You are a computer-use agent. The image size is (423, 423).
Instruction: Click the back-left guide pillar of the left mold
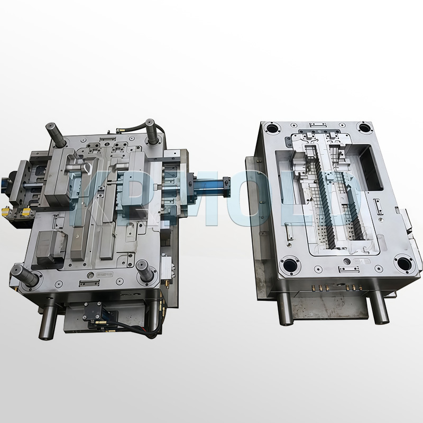tap(56, 134)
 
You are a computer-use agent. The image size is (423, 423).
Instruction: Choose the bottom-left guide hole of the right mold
tap(290, 262)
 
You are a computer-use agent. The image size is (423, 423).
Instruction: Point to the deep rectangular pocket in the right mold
tap(373, 167)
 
